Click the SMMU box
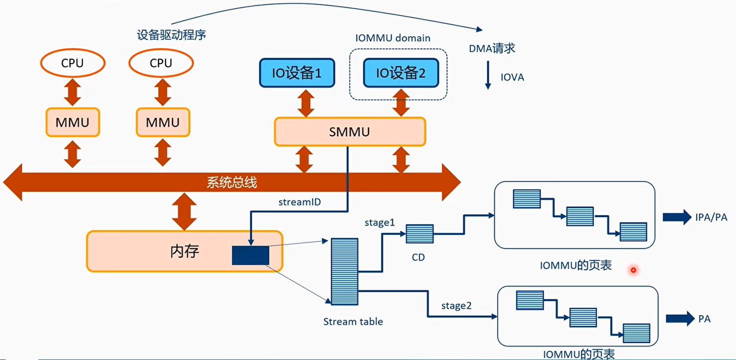click(350, 132)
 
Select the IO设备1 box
click(296, 73)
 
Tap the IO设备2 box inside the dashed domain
click(400, 73)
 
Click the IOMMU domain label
click(392, 38)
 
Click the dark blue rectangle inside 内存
click(251, 255)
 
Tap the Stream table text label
click(353, 322)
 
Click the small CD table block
click(419, 234)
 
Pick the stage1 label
click(379, 223)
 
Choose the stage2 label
click(456, 306)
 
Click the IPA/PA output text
click(711, 217)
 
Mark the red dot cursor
click(633, 270)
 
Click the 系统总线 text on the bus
click(232, 182)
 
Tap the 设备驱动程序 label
click(171, 35)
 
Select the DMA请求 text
click(492, 48)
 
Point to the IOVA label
click(512, 78)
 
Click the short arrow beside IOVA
click(488, 78)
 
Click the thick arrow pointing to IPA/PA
click(676, 217)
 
